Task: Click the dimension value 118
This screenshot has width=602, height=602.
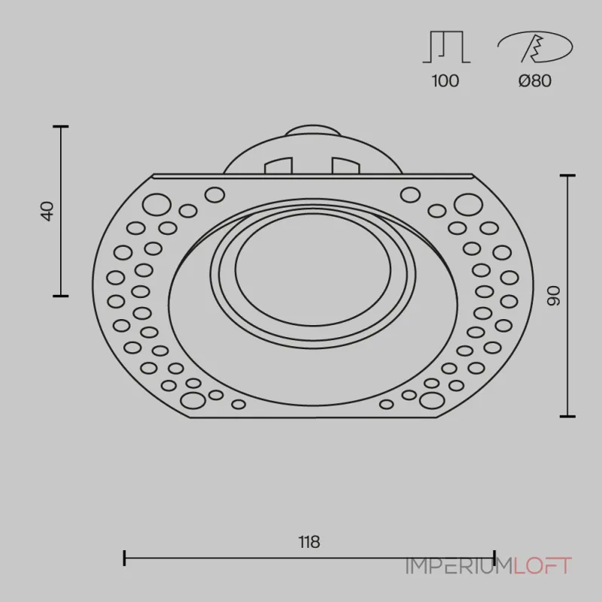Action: click(309, 542)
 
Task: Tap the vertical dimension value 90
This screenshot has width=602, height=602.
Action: click(554, 296)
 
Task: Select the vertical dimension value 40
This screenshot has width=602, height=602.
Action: click(47, 211)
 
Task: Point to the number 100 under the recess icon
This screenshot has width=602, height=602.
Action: click(445, 81)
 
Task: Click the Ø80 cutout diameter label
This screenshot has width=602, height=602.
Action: click(535, 81)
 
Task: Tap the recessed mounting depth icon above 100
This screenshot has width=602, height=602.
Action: click(446, 47)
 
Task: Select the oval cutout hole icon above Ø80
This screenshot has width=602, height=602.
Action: click(535, 47)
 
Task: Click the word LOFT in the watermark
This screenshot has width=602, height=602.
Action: click(543, 566)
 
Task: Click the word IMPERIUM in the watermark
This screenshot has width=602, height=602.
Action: click(460, 566)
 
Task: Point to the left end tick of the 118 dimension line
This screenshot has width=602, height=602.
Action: click(124, 558)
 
